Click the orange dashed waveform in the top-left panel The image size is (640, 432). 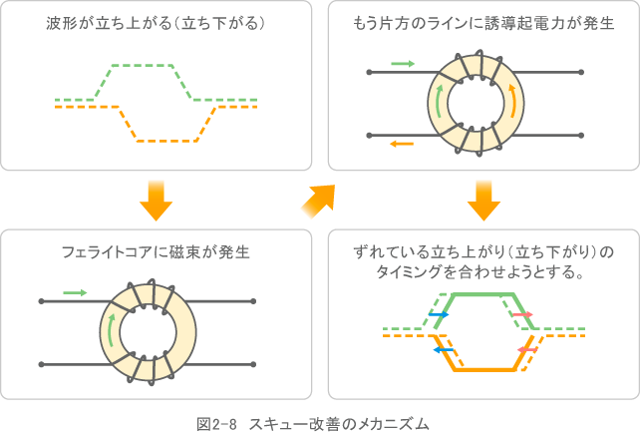(160, 141)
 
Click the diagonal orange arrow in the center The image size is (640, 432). (317, 201)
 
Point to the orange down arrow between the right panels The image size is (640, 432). (483, 200)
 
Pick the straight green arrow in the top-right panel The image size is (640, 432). (403, 63)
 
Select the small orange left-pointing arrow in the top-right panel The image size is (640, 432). (402, 144)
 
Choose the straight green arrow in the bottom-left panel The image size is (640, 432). (75, 292)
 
